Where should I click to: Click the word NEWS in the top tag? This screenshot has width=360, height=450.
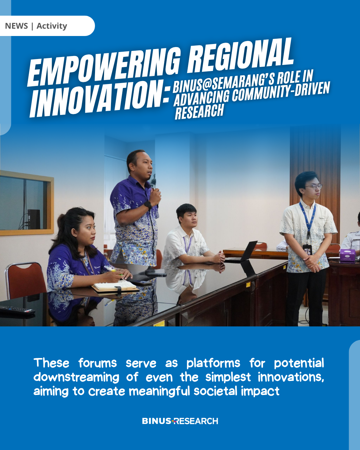(x=16, y=26)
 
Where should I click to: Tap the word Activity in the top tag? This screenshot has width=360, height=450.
(x=52, y=26)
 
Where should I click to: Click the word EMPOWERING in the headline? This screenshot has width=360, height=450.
(x=104, y=66)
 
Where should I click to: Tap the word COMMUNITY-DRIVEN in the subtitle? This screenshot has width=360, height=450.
(x=281, y=93)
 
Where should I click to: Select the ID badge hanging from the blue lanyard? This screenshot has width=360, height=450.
(x=307, y=249)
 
